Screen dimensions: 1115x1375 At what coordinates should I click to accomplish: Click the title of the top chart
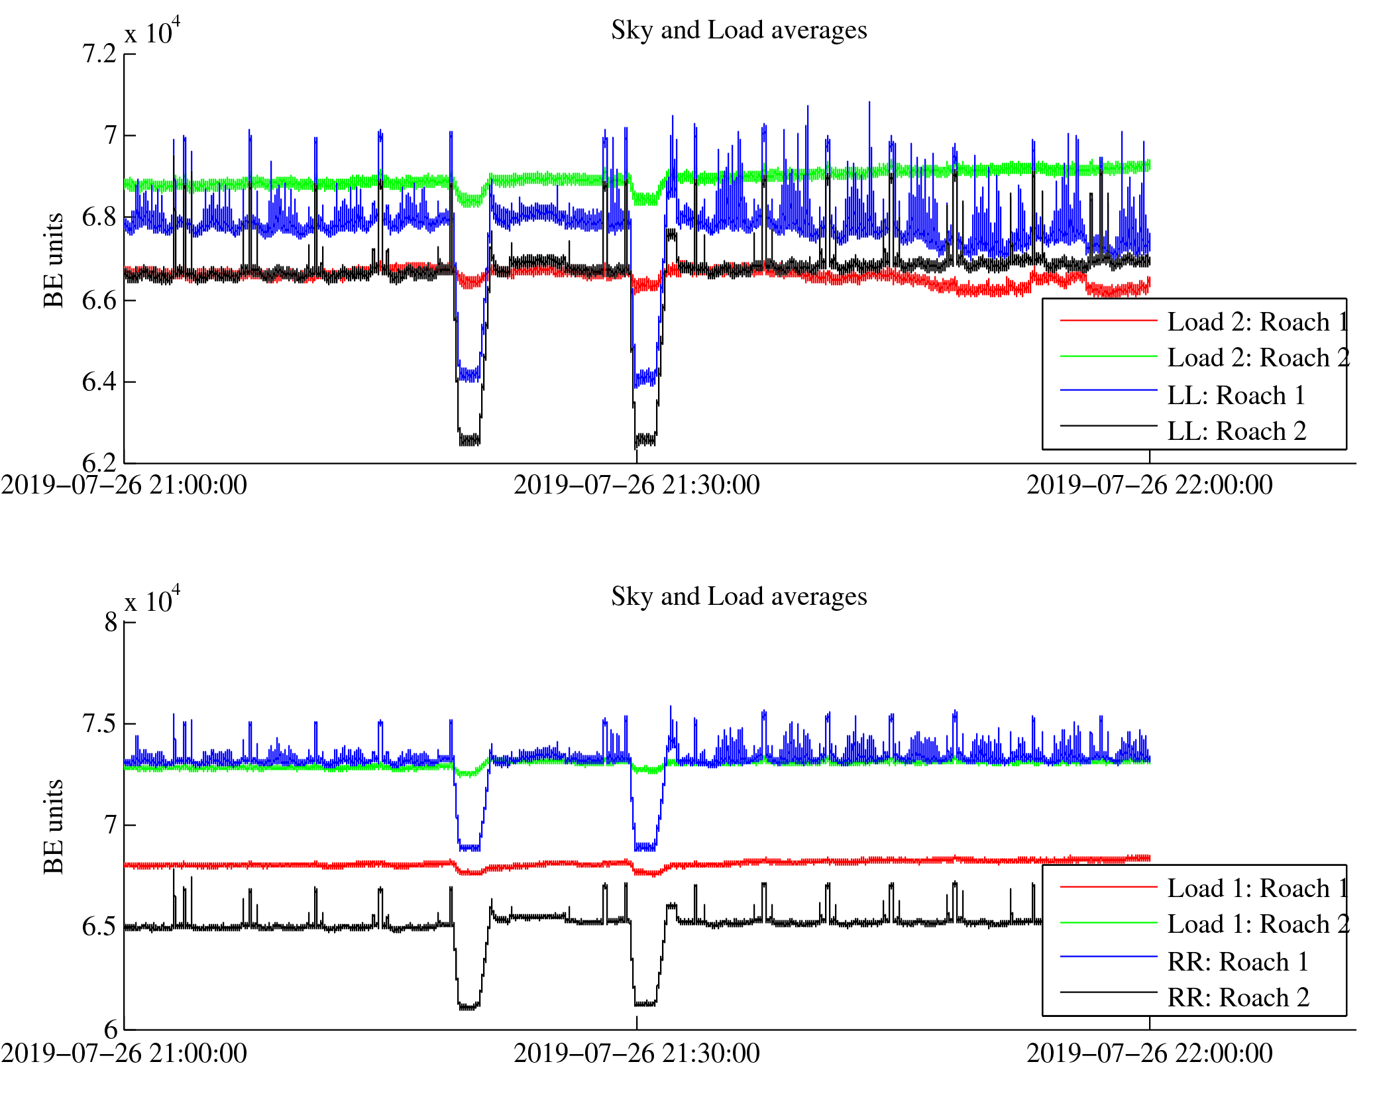[738, 30]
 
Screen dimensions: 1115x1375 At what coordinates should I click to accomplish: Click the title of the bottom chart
[738, 597]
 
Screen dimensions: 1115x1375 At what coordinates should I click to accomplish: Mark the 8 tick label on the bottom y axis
[111, 622]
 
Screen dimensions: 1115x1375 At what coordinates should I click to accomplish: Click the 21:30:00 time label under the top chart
[636, 486]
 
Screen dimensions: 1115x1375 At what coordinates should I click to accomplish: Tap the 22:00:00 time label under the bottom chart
[1149, 1053]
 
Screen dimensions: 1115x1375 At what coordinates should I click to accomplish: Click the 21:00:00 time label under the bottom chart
[124, 1053]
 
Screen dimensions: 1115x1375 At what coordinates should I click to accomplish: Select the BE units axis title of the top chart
[54, 260]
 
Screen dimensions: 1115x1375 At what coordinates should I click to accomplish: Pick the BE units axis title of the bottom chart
[54, 827]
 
